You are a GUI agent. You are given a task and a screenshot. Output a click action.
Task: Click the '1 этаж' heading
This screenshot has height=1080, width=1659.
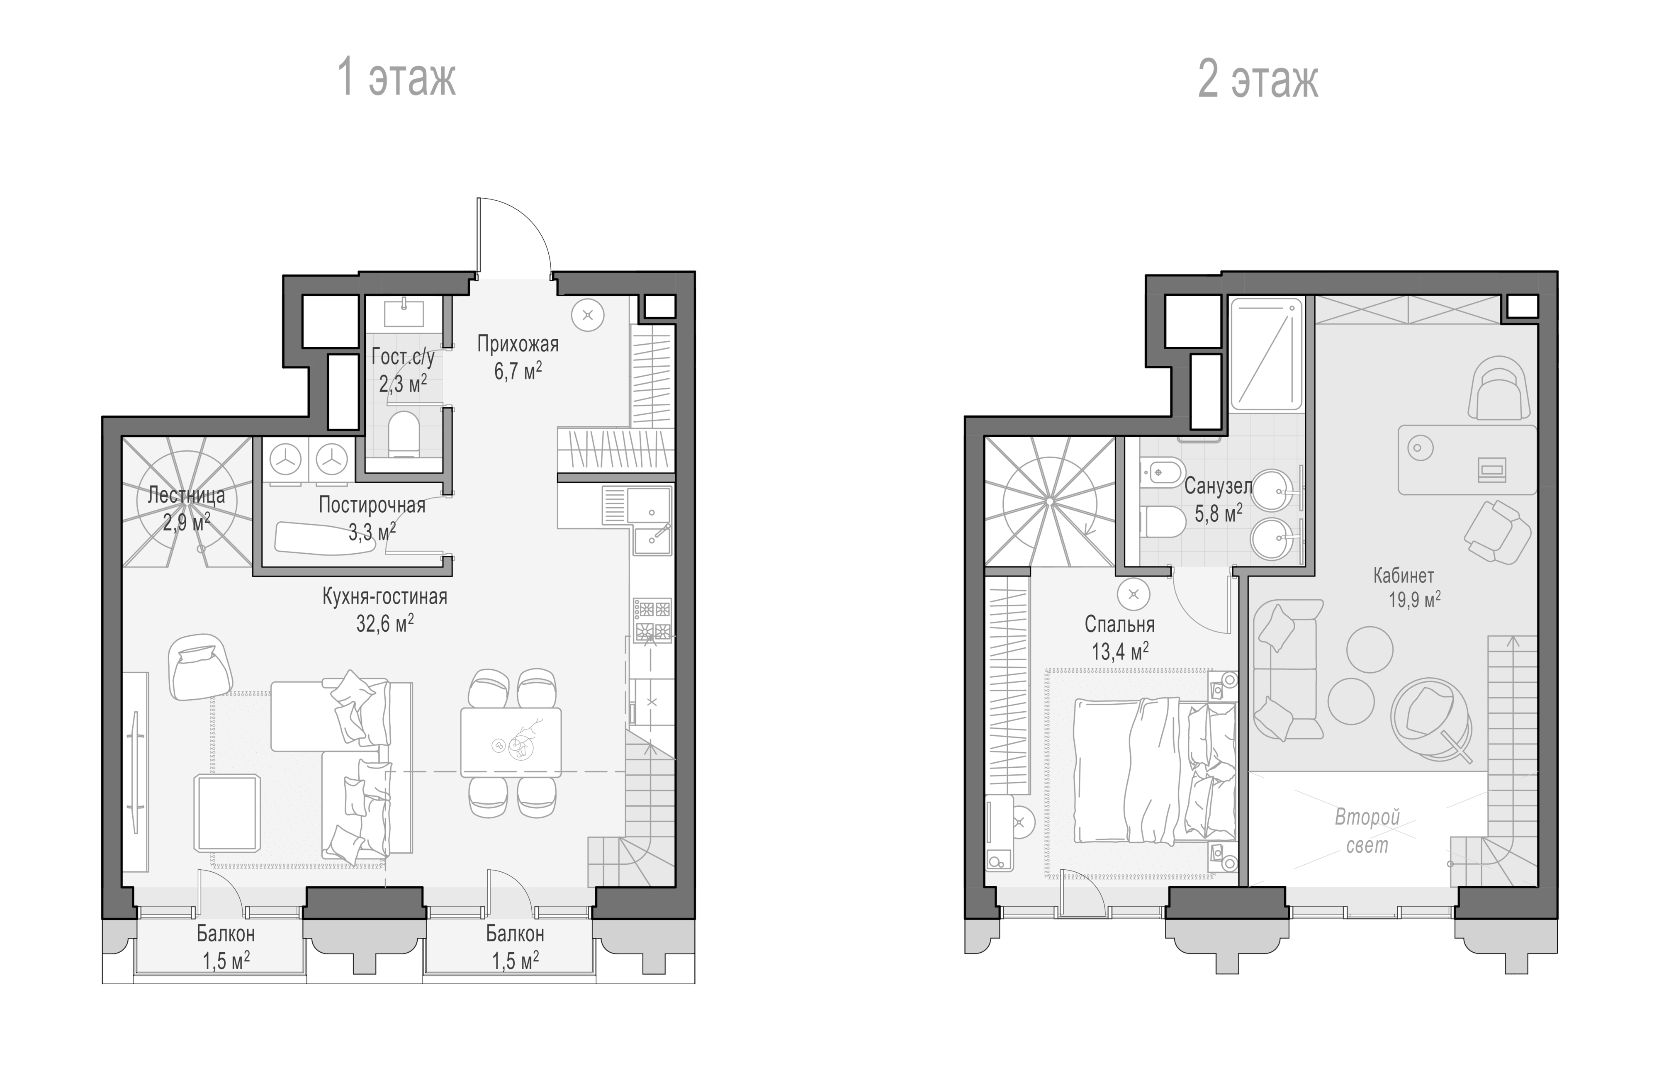(397, 78)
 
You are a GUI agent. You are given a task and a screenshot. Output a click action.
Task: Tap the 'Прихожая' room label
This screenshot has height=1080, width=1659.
(518, 344)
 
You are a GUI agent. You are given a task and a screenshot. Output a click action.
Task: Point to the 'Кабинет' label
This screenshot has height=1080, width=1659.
(1403, 576)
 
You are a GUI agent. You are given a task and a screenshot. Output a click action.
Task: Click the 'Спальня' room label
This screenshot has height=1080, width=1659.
(1119, 624)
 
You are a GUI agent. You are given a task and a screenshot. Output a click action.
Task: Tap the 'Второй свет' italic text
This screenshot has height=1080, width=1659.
(1367, 831)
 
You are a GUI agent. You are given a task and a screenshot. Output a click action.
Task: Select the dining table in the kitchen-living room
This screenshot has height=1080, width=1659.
(511, 742)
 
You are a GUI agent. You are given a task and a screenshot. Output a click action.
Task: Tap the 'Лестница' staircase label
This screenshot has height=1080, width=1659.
(186, 496)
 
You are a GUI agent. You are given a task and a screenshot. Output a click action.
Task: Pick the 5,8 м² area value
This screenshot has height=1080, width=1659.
(1219, 513)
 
